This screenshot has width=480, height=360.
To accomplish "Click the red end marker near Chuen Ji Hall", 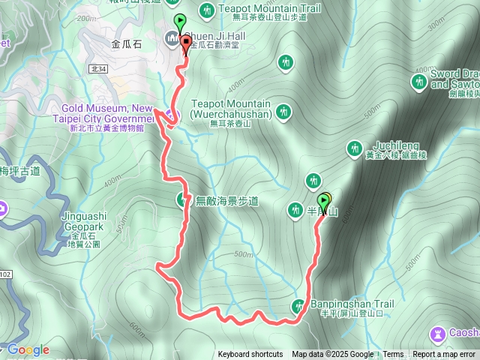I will pos(184,42).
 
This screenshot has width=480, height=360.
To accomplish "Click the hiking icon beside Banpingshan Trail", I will pos(298,305).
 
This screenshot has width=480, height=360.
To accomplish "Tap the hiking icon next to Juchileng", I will pos(355,148).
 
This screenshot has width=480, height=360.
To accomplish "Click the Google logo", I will pos(28,349).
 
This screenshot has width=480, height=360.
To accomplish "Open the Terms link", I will pos(393,355).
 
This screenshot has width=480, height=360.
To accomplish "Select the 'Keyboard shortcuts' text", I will pos(250,355).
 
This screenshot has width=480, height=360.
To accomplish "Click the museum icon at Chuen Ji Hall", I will pos(172,39).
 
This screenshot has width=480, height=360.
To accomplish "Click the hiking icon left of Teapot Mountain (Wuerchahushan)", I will pos(283,112).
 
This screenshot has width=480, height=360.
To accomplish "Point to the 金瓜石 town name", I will pos(126,45).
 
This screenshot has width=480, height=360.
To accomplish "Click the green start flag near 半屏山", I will pos(324,202).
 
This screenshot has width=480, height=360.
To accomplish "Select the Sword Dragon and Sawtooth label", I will pos(454,80).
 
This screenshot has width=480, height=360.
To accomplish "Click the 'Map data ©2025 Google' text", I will pos(332,355).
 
